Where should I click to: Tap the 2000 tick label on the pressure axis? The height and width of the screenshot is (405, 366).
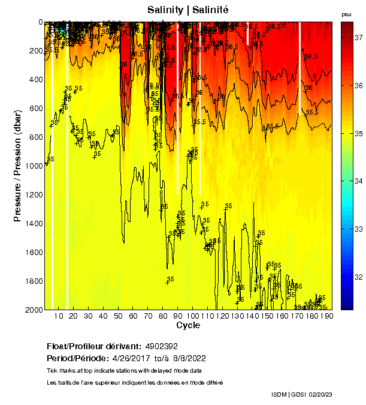32,310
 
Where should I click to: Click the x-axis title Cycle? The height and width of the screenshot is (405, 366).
188,325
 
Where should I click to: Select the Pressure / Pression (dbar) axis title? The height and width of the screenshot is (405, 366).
17,166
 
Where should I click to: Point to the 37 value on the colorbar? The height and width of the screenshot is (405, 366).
359,37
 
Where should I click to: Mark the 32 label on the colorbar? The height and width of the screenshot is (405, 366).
359,277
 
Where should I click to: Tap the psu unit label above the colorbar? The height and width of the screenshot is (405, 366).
346,14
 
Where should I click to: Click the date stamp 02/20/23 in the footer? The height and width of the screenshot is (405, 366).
323,394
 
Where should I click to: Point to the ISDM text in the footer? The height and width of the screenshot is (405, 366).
280,394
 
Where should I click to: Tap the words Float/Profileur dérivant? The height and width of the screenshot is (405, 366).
92,347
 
